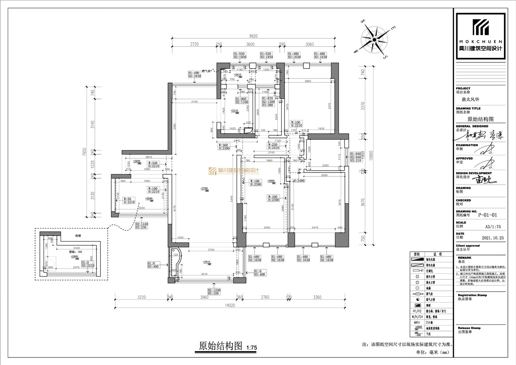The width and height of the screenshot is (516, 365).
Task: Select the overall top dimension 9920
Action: (254, 36)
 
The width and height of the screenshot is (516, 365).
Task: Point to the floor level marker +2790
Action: (204, 188)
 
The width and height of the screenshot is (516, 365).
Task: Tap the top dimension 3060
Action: (309, 44)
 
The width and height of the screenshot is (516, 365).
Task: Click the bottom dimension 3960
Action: (205, 297)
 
